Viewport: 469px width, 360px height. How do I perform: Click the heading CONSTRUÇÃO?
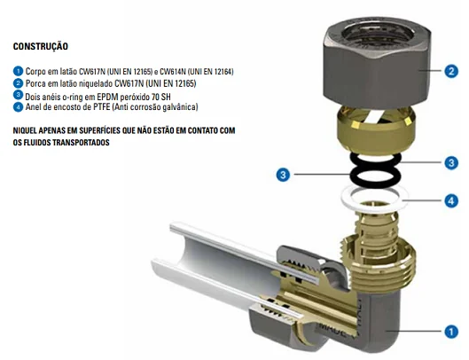(x=41, y=46)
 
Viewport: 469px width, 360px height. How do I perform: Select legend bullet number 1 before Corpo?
(x=18, y=71)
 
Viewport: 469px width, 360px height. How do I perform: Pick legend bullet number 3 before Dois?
(x=18, y=95)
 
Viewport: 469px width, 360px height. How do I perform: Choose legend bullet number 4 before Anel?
(x=18, y=106)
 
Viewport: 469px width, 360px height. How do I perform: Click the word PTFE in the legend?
(x=99, y=107)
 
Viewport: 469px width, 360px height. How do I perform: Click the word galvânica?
(x=181, y=107)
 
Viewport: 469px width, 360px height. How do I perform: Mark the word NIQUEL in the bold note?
(x=28, y=130)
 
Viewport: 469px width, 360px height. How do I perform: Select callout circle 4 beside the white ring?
(x=450, y=200)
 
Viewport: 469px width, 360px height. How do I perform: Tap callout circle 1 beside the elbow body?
(x=450, y=332)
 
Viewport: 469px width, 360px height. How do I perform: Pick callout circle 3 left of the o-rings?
(x=284, y=175)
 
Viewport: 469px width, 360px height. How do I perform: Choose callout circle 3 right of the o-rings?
(x=450, y=162)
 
